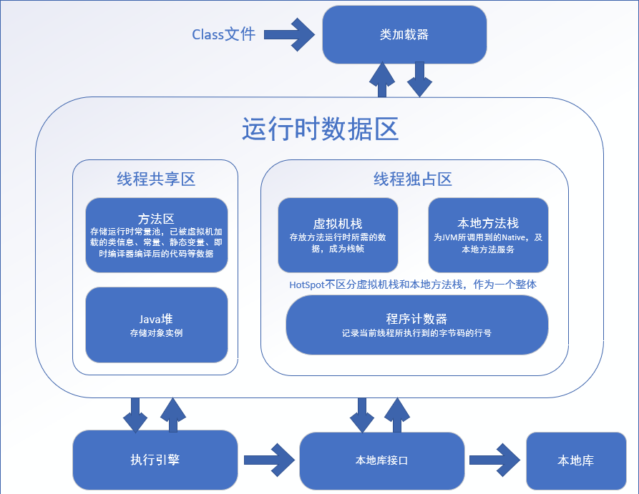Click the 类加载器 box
[x=404, y=35]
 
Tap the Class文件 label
[x=223, y=34]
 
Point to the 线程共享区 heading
[x=155, y=179]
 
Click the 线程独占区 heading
[x=413, y=179]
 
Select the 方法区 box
[x=156, y=235]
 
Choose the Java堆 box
[x=156, y=325]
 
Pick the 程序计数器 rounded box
[x=416, y=325]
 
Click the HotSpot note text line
[x=413, y=284]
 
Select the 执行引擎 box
[x=155, y=460]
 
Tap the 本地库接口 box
[x=381, y=460]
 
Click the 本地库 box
[x=575, y=460]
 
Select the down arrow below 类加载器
[x=420, y=79]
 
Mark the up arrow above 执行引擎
[x=174, y=415]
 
